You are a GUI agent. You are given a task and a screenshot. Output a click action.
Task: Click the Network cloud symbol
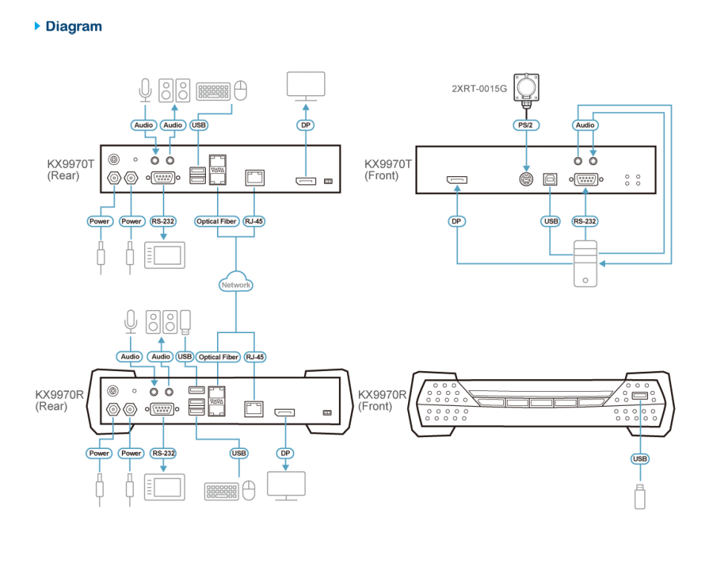pyautogui.click(x=236, y=284)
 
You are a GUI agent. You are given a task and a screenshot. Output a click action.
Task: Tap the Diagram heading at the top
pyautogui.click(x=73, y=27)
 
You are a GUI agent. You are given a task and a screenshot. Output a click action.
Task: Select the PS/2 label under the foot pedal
pyautogui.click(x=526, y=125)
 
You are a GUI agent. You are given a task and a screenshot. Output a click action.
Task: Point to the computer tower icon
pyautogui.click(x=586, y=264)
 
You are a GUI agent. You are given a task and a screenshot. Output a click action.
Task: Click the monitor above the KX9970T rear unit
pyautogui.click(x=305, y=86)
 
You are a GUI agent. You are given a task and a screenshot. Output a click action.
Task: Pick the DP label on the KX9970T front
pyautogui.click(x=457, y=221)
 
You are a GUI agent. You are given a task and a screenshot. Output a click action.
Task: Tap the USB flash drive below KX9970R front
pyautogui.click(x=640, y=496)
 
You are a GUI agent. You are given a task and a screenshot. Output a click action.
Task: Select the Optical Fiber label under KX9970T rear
pyautogui.click(x=217, y=221)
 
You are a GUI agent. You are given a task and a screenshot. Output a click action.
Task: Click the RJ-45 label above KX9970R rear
pyautogui.click(x=255, y=357)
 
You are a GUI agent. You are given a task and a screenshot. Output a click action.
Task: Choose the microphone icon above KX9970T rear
pyautogui.click(x=145, y=91)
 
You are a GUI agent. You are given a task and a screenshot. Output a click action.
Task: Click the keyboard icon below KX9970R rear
pyautogui.click(x=221, y=491)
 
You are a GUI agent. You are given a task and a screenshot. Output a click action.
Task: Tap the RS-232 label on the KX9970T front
pyautogui.click(x=585, y=221)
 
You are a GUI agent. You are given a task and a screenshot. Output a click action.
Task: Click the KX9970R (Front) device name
pyautogui.click(x=382, y=401)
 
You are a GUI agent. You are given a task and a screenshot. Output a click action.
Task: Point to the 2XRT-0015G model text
pyautogui.click(x=479, y=88)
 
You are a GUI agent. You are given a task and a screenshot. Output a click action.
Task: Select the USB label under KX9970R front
pyautogui.click(x=640, y=459)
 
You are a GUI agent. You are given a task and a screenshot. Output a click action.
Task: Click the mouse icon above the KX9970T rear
pyautogui.click(x=240, y=91)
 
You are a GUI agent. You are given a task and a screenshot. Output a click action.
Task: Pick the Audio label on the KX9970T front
pyautogui.click(x=585, y=125)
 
